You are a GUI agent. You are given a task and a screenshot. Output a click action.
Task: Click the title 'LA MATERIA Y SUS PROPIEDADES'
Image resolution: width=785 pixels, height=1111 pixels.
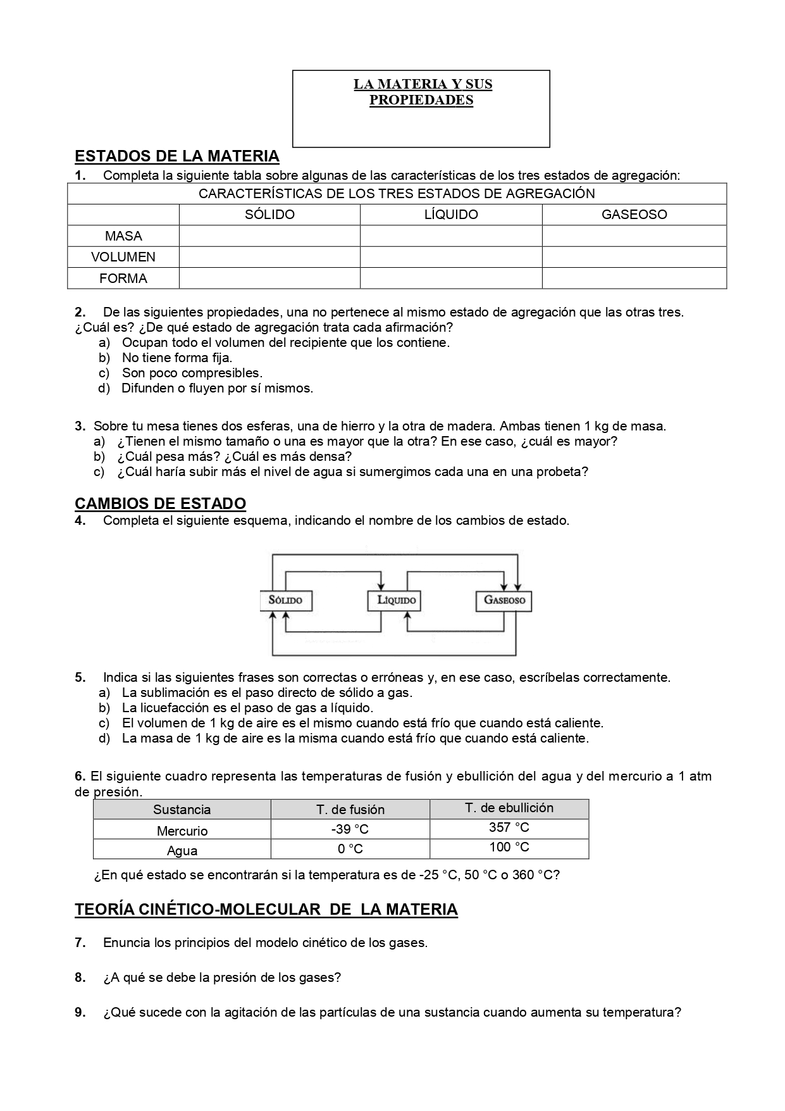click(x=422, y=92)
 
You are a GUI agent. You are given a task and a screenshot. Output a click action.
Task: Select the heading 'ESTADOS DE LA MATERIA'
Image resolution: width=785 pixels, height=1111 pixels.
click(x=177, y=156)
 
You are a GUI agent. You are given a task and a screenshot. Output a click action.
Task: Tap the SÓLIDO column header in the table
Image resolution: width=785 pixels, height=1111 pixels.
click(x=269, y=215)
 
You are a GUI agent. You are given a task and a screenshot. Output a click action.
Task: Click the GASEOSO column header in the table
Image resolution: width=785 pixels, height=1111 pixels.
click(x=634, y=215)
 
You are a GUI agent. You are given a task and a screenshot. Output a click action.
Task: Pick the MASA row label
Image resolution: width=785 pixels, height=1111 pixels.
click(x=123, y=236)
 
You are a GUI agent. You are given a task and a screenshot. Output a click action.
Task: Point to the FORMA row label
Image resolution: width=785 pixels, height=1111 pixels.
click(x=123, y=279)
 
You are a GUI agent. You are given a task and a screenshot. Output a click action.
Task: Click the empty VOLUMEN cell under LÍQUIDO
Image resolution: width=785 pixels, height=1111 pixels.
click(x=450, y=257)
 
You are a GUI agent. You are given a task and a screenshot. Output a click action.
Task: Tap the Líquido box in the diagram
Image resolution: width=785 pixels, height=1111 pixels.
click(x=394, y=600)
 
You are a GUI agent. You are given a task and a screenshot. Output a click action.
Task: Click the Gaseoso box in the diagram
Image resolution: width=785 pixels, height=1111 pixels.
click(x=504, y=600)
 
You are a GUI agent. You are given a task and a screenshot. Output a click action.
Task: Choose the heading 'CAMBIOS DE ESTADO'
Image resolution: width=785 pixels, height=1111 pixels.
click(x=160, y=504)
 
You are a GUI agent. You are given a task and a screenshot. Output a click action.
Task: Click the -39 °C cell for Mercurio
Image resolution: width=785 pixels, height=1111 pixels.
click(x=350, y=830)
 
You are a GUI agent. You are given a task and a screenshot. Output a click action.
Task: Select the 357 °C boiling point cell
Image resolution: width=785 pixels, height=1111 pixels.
click(x=509, y=827)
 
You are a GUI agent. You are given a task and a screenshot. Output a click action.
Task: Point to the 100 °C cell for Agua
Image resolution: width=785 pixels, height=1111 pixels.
click(x=509, y=847)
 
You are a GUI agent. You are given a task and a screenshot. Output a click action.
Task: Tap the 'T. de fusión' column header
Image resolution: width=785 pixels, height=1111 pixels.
click(x=350, y=810)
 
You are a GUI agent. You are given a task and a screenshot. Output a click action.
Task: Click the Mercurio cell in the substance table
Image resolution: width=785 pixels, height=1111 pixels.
click(x=182, y=831)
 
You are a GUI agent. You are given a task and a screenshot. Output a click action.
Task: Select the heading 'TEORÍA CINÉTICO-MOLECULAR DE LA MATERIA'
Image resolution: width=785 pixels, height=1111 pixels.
click(x=266, y=910)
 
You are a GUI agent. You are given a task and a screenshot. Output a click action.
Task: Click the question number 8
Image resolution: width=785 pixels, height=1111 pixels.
click(x=80, y=977)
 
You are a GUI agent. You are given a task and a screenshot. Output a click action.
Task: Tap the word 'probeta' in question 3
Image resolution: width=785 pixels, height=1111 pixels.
click(x=563, y=472)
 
